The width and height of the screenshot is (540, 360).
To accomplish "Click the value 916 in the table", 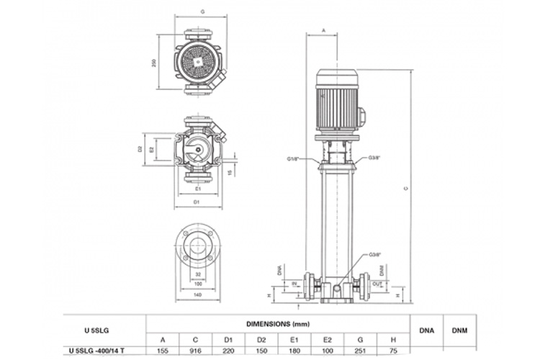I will (x=195, y=351).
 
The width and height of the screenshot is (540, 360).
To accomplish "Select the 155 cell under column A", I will (x=163, y=351).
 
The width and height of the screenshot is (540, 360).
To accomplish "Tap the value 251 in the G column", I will (x=360, y=351).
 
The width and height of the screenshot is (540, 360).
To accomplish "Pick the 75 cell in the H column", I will (x=392, y=351).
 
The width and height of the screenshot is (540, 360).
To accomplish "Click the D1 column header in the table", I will (x=228, y=338).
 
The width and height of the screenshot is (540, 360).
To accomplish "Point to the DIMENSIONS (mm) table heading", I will (x=277, y=323).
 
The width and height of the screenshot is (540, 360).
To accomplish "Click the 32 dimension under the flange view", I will (x=197, y=275).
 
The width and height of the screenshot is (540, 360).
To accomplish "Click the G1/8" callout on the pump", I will (x=293, y=157).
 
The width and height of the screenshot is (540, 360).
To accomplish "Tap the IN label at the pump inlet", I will (x=295, y=284).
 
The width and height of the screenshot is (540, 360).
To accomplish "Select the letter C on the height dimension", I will (x=406, y=189).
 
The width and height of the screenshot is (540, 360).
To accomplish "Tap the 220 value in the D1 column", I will (x=228, y=351).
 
